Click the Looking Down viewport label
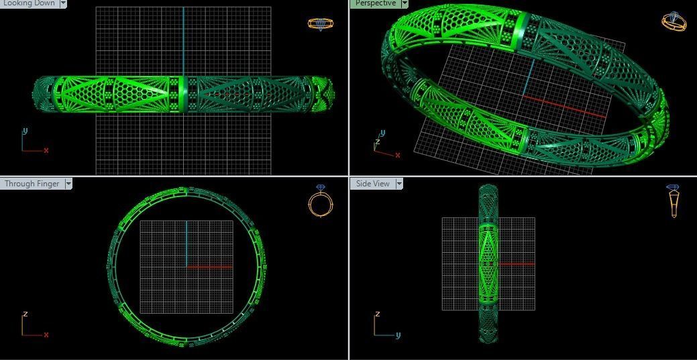pyautogui.click(x=30, y=3)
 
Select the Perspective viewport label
pyautogui.click(x=375, y=3)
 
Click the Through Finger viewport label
pyautogui.click(x=32, y=184)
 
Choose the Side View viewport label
pyautogui.click(x=372, y=184)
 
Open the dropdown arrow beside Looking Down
pyautogui.click(x=63, y=3)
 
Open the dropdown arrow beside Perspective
pyautogui.click(x=405, y=3)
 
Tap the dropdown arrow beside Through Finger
pyautogui.click(x=68, y=184)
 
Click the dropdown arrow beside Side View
pyautogui.click(x=399, y=184)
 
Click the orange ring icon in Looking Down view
pyautogui.click(x=320, y=23)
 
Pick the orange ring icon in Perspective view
pyautogui.click(x=674, y=21)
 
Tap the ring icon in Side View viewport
pyautogui.click(x=673, y=200)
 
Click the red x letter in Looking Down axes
pyautogui.click(x=46, y=151)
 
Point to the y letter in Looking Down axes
pyautogui.click(x=25, y=131)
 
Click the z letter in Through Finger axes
pyautogui.click(x=25, y=314)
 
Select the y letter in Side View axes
pyautogui.click(x=398, y=335)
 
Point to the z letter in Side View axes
pyautogui.click(x=378, y=314)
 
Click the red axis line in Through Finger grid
pyautogui.click(x=209, y=267)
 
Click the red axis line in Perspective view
pyautogui.click(x=564, y=107)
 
